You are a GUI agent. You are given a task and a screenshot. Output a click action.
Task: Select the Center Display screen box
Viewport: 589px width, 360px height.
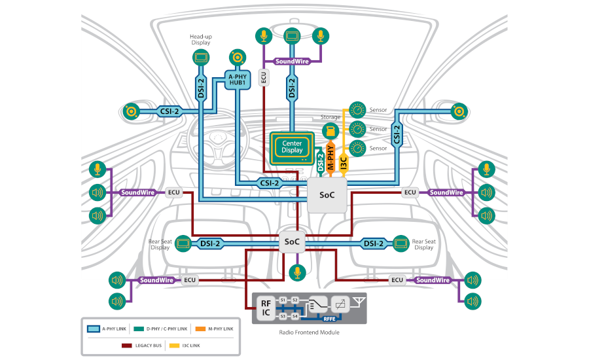point(292,147)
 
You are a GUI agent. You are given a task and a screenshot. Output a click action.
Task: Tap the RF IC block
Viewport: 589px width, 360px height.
point(266,308)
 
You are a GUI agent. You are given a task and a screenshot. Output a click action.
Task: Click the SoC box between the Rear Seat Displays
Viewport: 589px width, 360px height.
point(292,242)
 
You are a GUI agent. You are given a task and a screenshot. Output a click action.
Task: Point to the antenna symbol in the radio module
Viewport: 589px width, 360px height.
point(358,301)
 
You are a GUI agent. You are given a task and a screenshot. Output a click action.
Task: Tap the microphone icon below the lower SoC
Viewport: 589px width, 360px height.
point(298,272)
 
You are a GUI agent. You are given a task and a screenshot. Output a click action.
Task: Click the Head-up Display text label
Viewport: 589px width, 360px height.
point(201,39)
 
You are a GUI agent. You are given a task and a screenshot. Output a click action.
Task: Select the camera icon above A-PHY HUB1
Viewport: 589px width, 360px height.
point(237,57)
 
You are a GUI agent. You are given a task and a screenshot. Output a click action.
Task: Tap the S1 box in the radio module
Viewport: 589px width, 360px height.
point(283,300)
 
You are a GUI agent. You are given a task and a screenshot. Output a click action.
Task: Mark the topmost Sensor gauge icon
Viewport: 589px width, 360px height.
point(357,109)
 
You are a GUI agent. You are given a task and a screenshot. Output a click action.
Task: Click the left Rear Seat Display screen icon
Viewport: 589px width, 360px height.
point(183,243)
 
